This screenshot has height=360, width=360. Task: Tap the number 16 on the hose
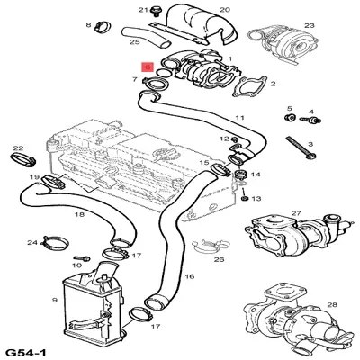coord(190,277)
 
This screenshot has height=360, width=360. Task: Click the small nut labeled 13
coord(244,198)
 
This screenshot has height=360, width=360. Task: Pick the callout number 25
coord(134,41)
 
